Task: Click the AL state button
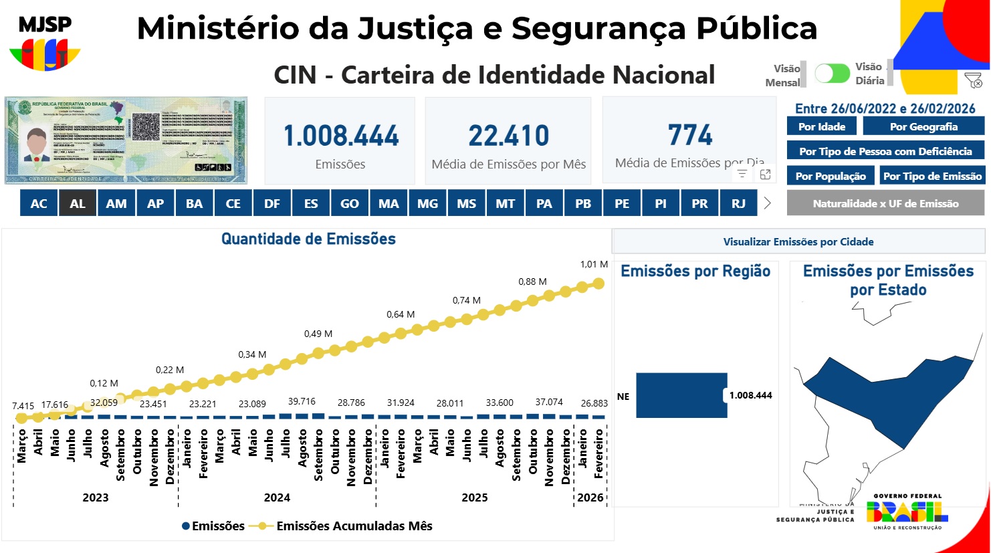click(78, 203)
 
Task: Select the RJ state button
click(738, 203)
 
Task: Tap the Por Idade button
click(822, 126)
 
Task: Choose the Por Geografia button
click(923, 126)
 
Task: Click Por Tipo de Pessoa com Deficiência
click(885, 151)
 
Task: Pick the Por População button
click(831, 176)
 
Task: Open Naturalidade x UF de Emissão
click(885, 203)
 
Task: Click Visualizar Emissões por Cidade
click(798, 241)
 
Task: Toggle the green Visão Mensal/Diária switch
click(832, 73)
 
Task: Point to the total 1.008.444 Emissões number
click(340, 136)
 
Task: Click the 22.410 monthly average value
click(508, 136)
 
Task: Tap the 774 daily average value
click(690, 135)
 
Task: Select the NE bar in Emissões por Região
click(681, 395)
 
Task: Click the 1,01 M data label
click(593, 264)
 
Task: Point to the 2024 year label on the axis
click(277, 497)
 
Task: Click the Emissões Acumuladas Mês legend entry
click(354, 526)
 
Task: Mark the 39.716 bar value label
click(302, 401)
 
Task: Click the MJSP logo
click(45, 43)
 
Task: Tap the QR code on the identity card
click(145, 126)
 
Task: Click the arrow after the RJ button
click(767, 203)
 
